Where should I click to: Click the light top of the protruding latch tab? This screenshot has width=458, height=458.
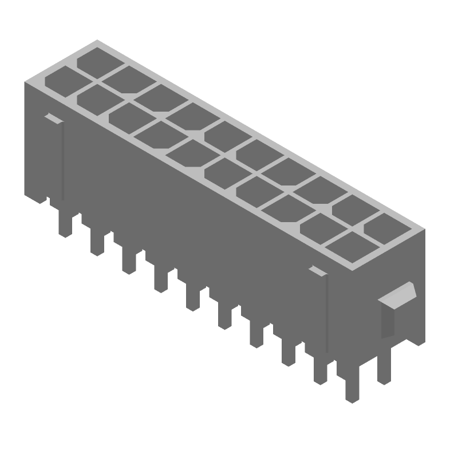(400, 294)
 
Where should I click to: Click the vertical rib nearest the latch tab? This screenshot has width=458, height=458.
(326, 312)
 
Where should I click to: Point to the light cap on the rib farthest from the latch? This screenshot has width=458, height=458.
(52, 118)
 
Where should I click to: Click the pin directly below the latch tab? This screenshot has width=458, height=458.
(385, 366)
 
